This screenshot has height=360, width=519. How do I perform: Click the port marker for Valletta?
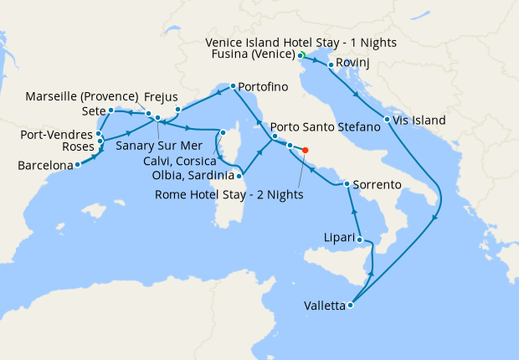click(x=350, y=306)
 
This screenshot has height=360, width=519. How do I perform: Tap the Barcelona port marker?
click(x=77, y=165)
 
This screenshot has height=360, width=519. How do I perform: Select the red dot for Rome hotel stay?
click(x=305, y=151)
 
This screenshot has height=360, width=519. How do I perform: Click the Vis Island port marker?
click(x=387, y=120)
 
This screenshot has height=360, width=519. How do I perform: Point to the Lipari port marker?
click(x=362, y=240)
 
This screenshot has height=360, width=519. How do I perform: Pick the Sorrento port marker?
click(x=347, y=183)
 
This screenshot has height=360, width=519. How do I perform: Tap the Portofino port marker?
click(x=233, y=86)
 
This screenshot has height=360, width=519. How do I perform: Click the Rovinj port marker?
click(x=331, y=64)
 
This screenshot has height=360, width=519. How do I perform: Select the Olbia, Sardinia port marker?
click(x=240, y=176)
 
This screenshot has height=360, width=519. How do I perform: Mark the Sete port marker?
click(x=110, y=110)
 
